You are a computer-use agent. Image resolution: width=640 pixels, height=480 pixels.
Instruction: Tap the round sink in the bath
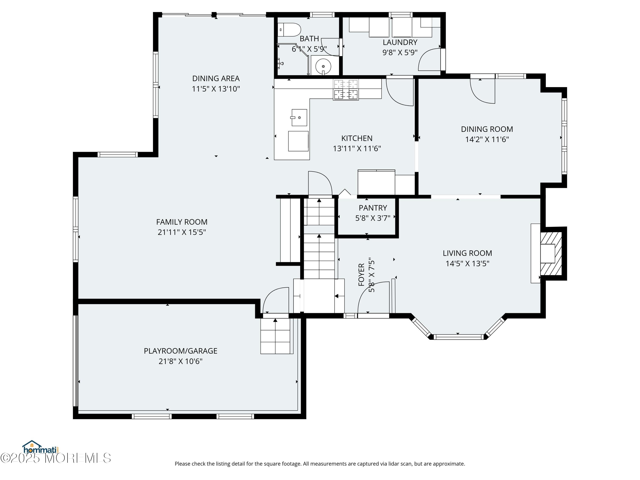tap(323, 66)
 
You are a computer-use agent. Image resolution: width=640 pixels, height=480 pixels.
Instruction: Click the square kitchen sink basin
tap(299, 118)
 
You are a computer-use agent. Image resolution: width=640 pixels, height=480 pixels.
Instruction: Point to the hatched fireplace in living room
tap(551, 253)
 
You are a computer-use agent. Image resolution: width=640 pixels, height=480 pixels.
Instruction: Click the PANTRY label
tap(373, 208)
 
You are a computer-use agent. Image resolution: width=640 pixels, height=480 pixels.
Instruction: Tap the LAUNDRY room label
tap(400, 42)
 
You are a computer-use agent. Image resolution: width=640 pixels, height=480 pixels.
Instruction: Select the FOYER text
tap(361, 275)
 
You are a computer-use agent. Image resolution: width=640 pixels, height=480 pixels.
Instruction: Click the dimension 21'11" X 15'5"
tap(182, 232)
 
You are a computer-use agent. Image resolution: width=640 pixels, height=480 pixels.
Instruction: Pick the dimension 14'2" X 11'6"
tap(487, 139)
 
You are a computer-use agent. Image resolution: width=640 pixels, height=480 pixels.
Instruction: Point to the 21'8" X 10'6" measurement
tap(180, 361)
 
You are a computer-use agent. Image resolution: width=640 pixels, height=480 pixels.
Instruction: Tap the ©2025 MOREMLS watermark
tap(55, 458)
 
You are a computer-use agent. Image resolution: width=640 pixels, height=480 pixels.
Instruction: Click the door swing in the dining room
tap(482, 91)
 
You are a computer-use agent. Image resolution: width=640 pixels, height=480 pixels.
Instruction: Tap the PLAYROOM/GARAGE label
tap(180, 351)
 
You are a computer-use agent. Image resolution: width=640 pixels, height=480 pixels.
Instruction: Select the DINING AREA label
tap(216, 79)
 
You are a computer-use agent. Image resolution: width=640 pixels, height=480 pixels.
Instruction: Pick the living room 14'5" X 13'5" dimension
tap(467, 263)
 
